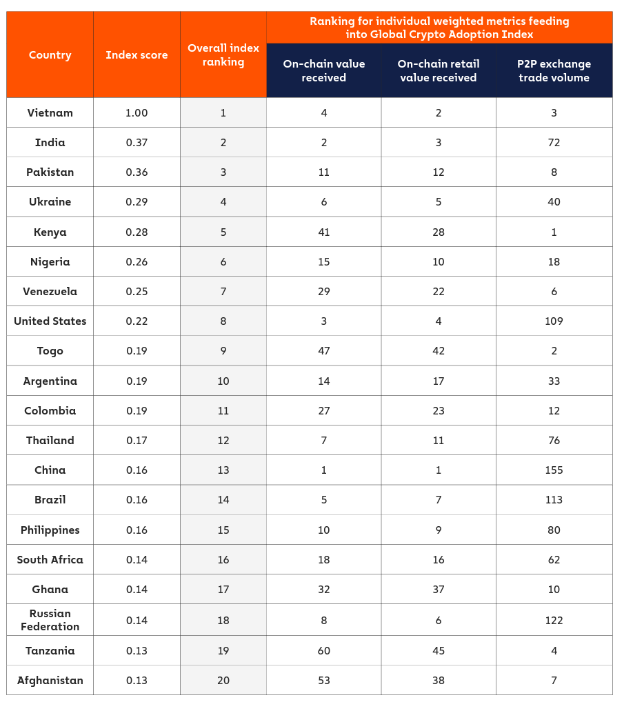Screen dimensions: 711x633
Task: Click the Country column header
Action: [x=50, y=55]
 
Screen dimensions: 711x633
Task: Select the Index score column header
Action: [x=137, y=55]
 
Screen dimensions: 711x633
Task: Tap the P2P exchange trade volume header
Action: [x=554, y=70]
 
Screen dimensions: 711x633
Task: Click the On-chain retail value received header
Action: [x=438, y=70]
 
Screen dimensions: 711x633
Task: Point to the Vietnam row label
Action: [x=50, y=112]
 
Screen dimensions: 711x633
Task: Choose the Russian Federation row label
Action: [x=50, y=619]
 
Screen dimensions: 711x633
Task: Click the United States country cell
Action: [x=50, y=321]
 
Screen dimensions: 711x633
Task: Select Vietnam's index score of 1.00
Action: [x=137, y=112]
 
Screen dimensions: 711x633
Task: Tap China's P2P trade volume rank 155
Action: [x=554, y=470]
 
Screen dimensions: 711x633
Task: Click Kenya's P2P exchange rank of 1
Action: [x=554, y=232]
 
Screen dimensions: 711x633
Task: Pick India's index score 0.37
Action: [x=137, y=142]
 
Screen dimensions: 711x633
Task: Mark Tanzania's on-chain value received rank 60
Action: [x=323, y=650]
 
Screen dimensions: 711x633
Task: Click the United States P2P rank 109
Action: [x=554, y=321]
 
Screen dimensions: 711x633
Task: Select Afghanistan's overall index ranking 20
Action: [x=223, y=680]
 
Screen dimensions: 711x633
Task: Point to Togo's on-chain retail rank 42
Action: [x=438, y=350]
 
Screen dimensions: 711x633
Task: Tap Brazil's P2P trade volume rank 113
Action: [x=554, y=499]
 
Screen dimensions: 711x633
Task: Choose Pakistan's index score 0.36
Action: [x=137, y=172]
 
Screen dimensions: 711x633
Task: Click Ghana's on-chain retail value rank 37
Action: [x=438, y=589]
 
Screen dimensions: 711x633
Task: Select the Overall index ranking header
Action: [x=223, y=55]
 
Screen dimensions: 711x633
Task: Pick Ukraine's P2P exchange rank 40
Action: [x=554, y=201]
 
